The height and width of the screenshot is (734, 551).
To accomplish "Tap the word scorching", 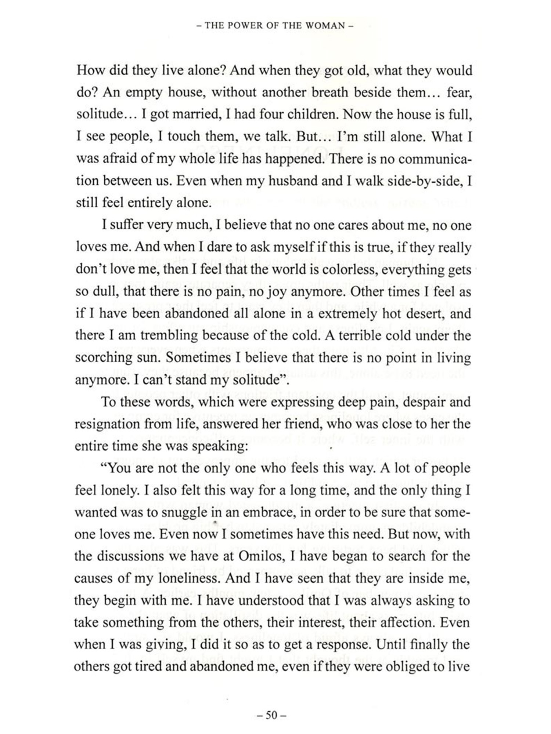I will [102, 358].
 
